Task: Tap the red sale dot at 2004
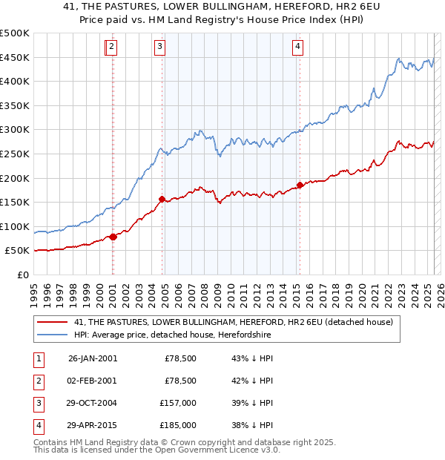pyautogui.click(x=162, y=199)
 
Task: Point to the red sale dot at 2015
pyautogui.click(x=300, y=185)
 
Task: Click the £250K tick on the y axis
pyautogui.click(x=15, y=154)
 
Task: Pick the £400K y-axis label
pyautogui.click(x=15, y=82)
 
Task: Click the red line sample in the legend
pyautogui.click(x=53, y=323)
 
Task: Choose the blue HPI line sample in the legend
pyautogui.click(x=53, y=335)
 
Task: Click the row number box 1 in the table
pyautogui.click(x=38, y=359)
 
